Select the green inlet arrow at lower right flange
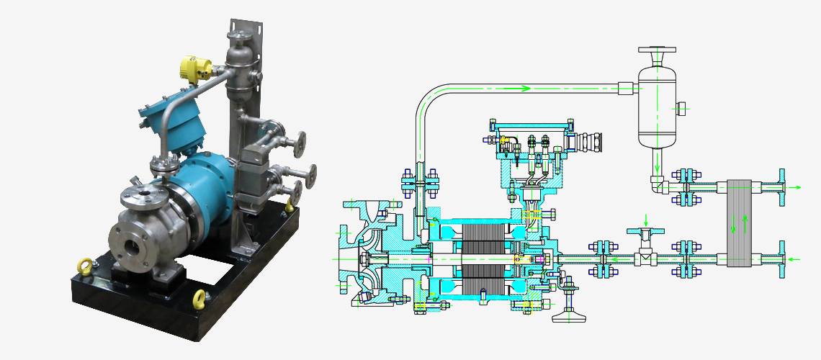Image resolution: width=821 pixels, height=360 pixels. pyautogui.click(x=794, y=258)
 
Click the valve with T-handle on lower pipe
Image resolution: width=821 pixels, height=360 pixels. pyautogui.click(x=647, y=248)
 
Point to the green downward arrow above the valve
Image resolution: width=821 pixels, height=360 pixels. pyautogui.click(x=647, y=219)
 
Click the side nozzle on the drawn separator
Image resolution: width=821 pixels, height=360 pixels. pyautogui.click(x=681, y=109)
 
